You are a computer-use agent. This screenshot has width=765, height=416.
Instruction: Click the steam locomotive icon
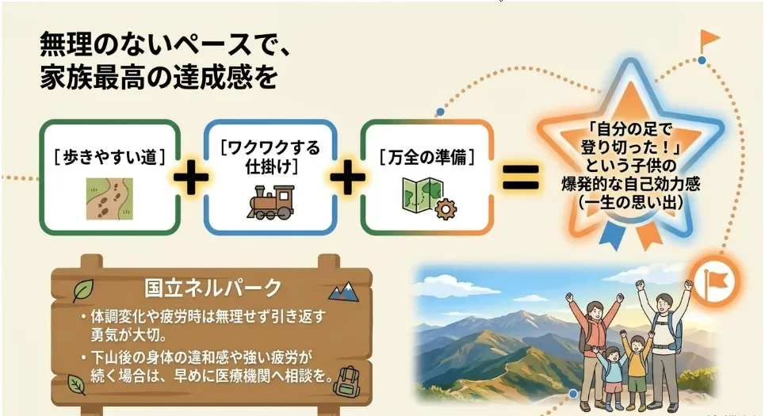tap(271, 202)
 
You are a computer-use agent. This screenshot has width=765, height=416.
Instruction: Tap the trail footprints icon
tap(109, 198)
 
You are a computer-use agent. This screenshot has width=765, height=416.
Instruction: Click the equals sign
tap(521, 177)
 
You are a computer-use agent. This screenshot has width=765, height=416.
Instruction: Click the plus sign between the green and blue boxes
tap(191, 177)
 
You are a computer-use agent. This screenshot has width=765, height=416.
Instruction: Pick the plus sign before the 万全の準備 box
tap(348, 177)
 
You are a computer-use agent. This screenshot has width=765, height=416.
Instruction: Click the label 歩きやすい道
tap(109, 157)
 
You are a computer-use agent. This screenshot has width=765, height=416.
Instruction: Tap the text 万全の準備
tap(427, 157)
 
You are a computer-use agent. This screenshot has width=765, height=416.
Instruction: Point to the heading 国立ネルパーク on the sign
tap(212, 288)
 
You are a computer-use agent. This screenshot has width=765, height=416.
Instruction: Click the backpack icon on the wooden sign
tap(346, 381)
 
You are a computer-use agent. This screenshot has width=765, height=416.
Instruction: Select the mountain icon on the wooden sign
tap(344, 292)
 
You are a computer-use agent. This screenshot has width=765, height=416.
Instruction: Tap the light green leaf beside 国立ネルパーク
tap(83, 291)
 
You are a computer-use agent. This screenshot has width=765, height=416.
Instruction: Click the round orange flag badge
tap(716, 281)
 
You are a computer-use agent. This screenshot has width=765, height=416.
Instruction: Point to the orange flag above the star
tap(709, 40)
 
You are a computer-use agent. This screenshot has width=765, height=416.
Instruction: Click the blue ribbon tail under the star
tap(611, 236)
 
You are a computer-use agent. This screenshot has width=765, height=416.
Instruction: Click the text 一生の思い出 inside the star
tap(630, 202)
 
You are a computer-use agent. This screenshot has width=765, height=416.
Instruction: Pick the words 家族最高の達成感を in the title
tap(159, 78)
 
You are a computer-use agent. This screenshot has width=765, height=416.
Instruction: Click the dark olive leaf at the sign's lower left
tap(76, 384)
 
